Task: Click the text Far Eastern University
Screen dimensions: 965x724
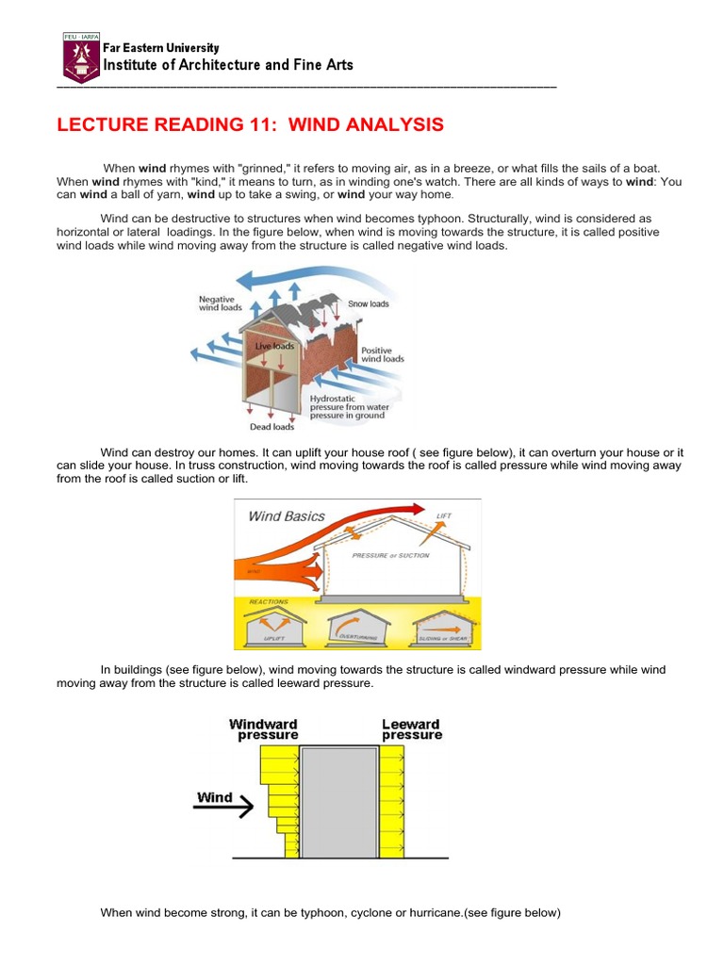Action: (161, 47)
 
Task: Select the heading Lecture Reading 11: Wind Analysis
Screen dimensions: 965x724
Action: (250, 125)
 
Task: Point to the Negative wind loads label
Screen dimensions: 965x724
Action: (221, 303)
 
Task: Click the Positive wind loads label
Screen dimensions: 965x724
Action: (382, 354)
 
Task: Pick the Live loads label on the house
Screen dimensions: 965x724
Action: (275, 347)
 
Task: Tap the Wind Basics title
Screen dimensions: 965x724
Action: (286, 516)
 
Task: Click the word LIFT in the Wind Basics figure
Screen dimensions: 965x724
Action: (444, 516)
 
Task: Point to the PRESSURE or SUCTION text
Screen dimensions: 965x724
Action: (389, 556)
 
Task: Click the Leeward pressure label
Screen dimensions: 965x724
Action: (411, 729)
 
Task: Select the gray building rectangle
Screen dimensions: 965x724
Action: (339, 801)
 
